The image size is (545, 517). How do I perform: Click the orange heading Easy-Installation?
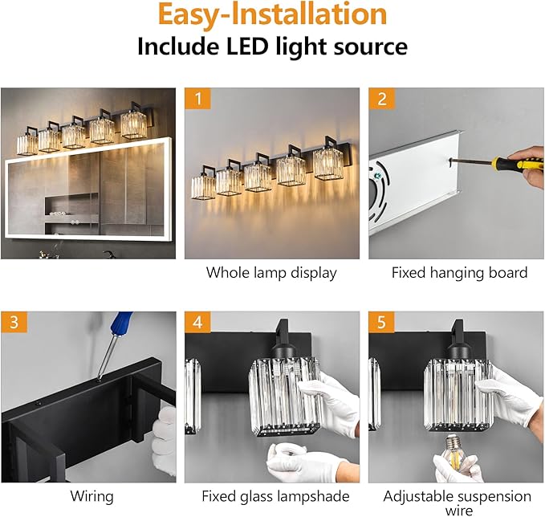click(272, 15)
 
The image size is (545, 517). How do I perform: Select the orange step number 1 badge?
click(197, 99)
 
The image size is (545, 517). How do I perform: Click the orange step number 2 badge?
click(381, 99)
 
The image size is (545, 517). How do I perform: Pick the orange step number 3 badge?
click(14, 322)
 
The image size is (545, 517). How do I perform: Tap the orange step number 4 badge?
click(197, 322)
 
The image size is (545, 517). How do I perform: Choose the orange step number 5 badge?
click(381, 322)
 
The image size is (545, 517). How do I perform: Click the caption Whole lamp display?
click(271, 273)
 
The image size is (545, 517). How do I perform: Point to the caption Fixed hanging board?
click(459, 273)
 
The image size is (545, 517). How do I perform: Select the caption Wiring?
click(92, 496)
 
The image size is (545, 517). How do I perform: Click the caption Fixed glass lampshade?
click(275, 496)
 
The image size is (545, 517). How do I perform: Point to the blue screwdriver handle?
click(121, 323)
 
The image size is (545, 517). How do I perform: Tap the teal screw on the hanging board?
click(378, 177)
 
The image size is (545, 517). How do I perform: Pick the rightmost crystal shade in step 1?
click(328, 164)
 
